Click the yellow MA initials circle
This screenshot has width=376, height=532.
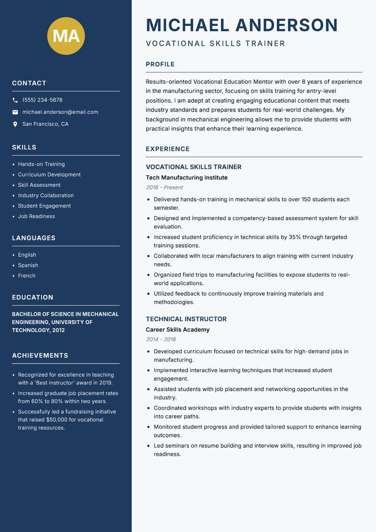[66, 36]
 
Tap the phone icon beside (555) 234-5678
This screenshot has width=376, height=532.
[15, 100]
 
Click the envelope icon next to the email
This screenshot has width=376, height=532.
[15, 112]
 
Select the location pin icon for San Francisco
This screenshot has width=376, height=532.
[15, 124]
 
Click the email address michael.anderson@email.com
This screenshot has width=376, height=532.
[60, 112]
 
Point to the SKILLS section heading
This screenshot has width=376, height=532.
[24, 147]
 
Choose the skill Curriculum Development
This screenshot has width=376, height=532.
[49, 175]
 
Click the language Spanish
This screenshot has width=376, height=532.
[28, 266]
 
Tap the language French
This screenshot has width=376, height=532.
[26, 276]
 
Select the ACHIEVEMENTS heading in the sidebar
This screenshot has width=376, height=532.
[40, 355]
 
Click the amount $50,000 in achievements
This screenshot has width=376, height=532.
[58, 419]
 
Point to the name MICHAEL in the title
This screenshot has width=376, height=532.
[188, 25]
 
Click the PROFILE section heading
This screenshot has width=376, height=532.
[160, 64]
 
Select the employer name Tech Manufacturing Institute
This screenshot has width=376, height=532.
[187, 177]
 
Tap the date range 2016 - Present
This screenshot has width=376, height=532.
[164, 187]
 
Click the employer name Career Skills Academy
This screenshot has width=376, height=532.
[178, 330]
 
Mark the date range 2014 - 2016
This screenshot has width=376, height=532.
[161, 339]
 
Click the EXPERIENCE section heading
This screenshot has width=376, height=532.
[167, 149]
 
